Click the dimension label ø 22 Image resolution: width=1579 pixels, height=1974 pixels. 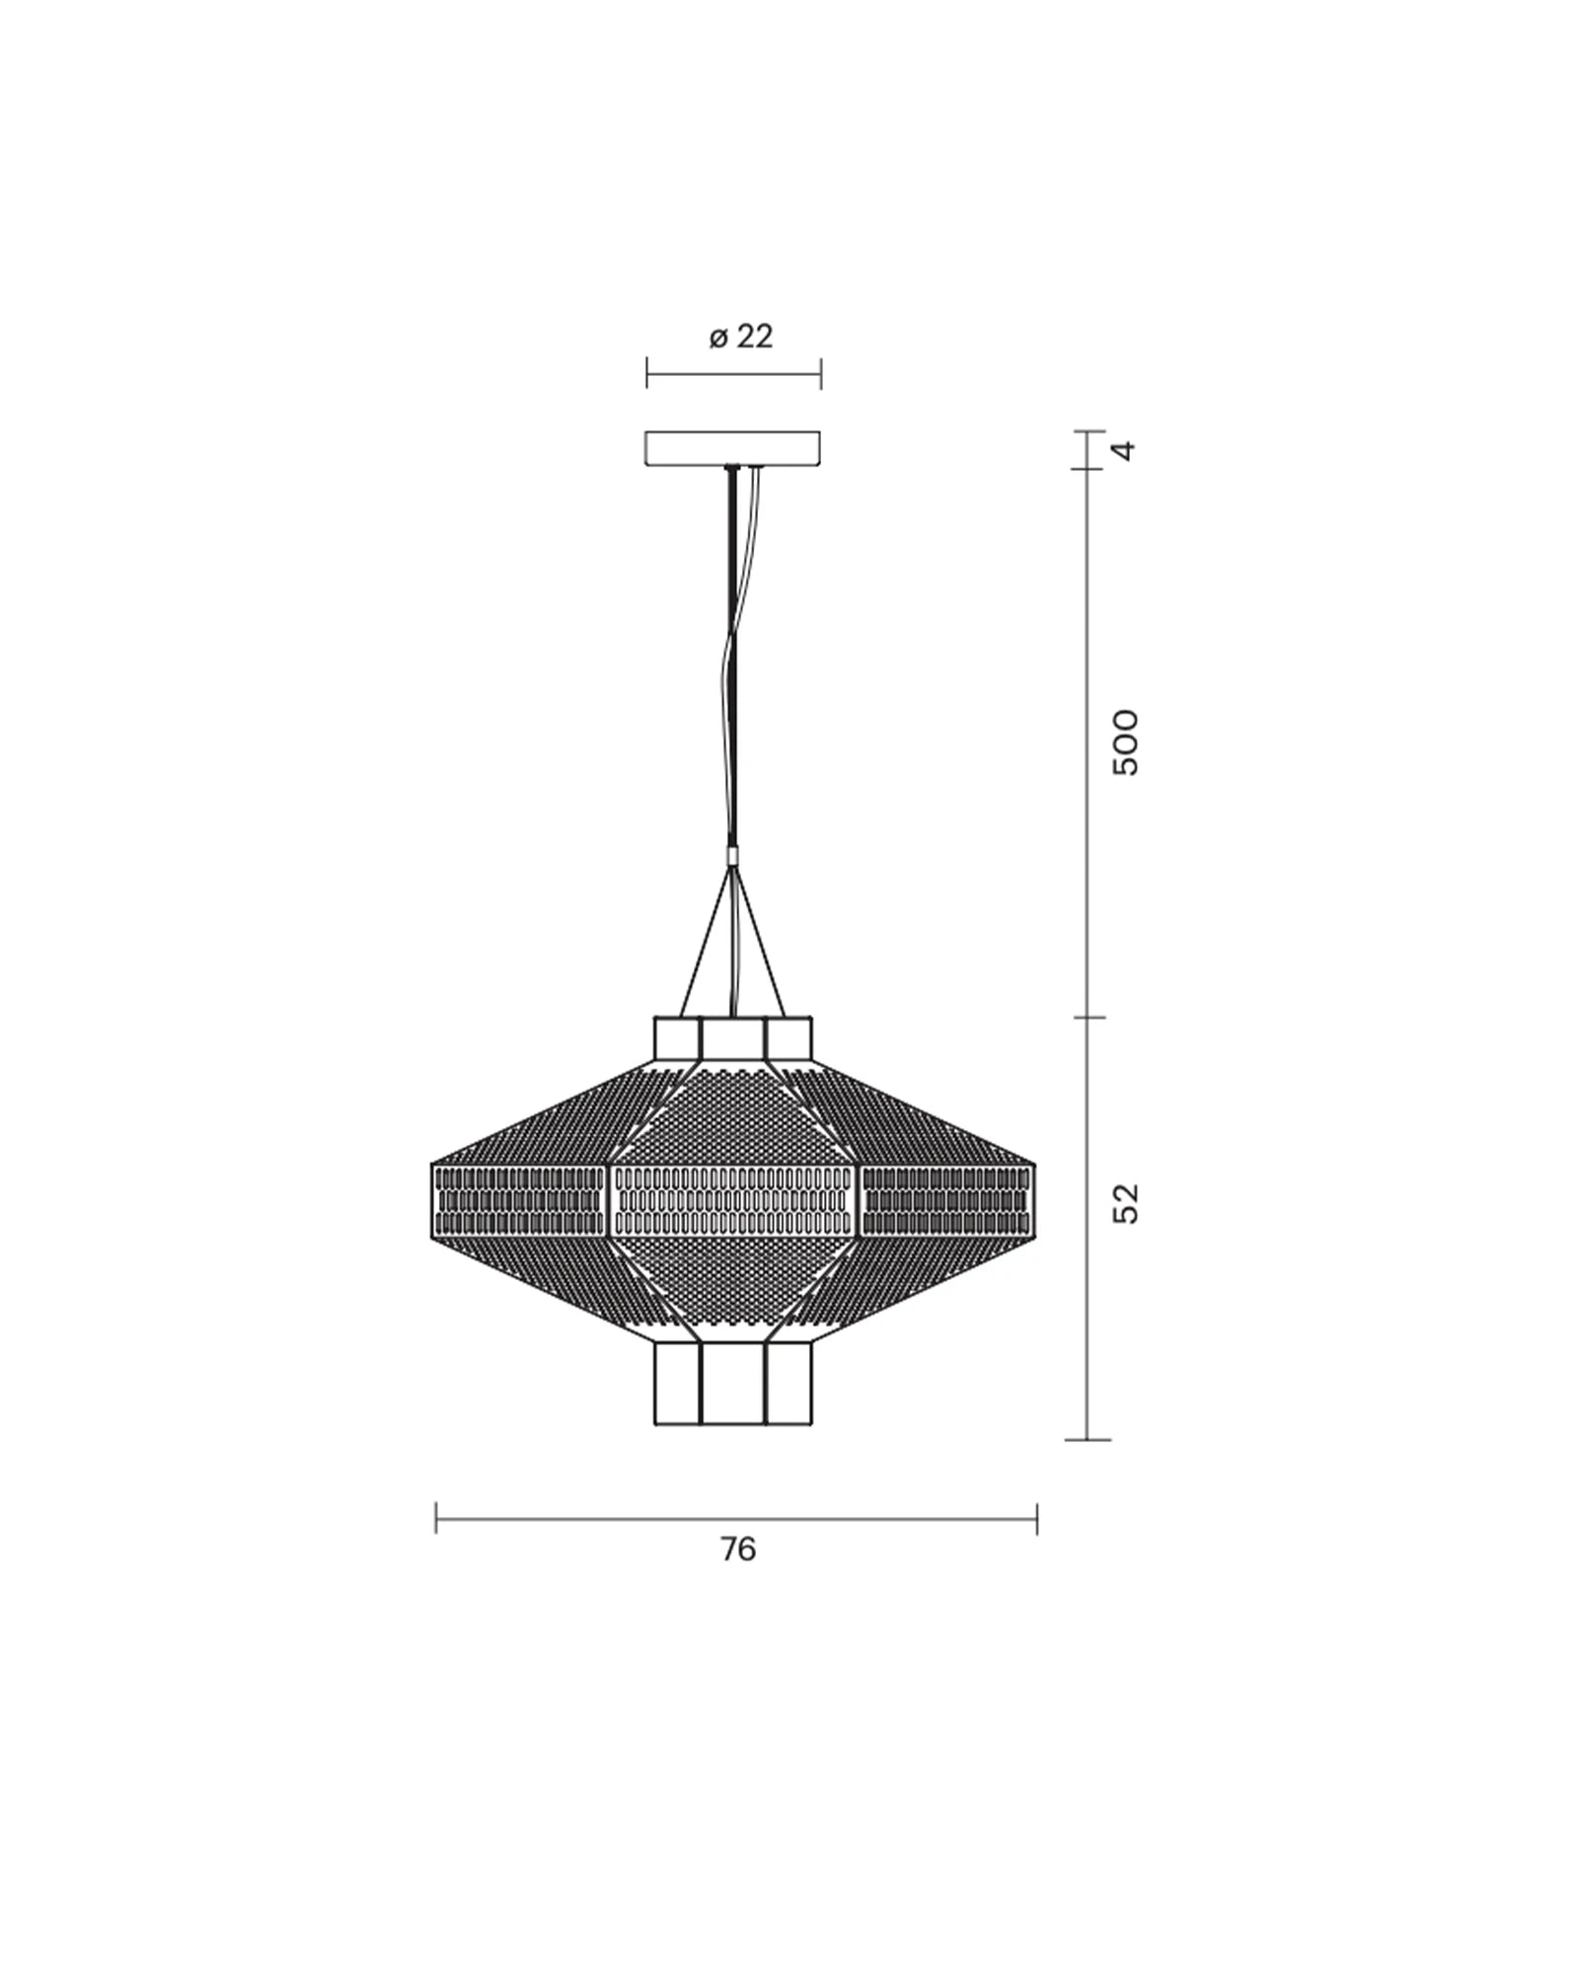pos(741,338)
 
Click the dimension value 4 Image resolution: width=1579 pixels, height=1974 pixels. pos(1124,451)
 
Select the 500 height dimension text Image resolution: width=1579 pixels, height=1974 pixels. pos(1124,742)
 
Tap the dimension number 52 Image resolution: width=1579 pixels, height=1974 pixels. pos(1124,1203)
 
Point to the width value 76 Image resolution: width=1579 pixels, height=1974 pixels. pos(737,1550)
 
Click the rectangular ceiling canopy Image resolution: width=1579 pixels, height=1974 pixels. pos(732,447)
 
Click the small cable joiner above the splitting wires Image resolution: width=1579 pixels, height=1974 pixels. pos(731,856)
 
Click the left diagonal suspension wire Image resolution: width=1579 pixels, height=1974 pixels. pos(705,943)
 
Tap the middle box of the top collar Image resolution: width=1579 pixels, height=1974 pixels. pos(733,1038)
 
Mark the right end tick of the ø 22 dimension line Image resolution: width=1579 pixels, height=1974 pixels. pos(821,374)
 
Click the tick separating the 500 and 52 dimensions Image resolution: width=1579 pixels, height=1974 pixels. pos(1088,1018)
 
